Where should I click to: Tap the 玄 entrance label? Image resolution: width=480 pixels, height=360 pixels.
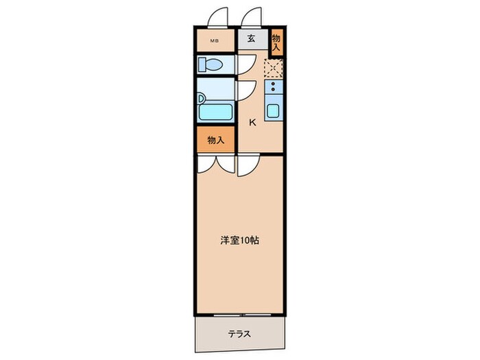point(251,39)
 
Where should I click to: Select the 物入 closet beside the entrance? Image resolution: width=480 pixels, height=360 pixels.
point(276,43)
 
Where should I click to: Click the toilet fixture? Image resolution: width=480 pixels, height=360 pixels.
point(211,65)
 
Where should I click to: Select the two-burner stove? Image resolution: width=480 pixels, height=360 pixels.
point(274,87)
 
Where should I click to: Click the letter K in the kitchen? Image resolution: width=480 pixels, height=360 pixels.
point(252,123)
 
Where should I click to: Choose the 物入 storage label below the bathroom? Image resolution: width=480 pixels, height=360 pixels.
point(216,140)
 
